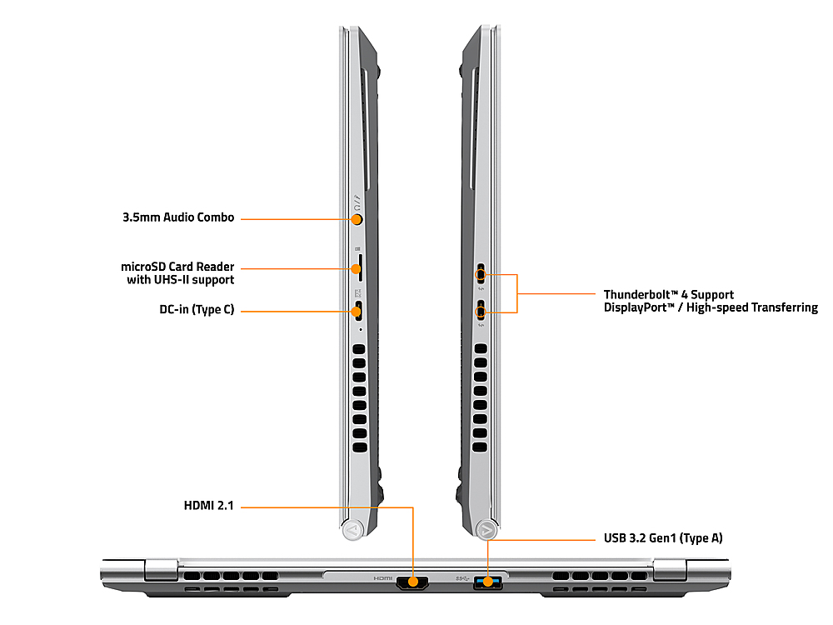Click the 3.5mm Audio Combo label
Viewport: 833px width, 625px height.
(177, 218)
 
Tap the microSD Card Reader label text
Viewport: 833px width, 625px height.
(177, 267)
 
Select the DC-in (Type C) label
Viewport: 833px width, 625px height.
(197, 310)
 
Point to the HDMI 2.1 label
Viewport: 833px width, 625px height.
(208, 506)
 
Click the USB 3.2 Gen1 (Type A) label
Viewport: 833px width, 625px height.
(663, 538)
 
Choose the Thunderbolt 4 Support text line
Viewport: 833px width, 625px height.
(668, 295)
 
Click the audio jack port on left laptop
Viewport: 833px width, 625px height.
(357, 219)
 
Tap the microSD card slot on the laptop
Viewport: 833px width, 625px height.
(357, 268)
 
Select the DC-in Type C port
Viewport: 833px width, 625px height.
(357, 312)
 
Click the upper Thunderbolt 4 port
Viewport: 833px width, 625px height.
(481, 272)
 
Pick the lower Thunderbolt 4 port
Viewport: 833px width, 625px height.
(481, 312)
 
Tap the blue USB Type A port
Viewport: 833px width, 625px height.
(489, 581)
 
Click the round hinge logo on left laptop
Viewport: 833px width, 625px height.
(352, 528)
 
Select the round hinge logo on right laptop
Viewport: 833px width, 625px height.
(487, 528)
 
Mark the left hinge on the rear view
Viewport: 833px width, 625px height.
(161, 571)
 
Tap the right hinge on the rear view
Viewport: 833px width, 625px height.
(670, 571)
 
